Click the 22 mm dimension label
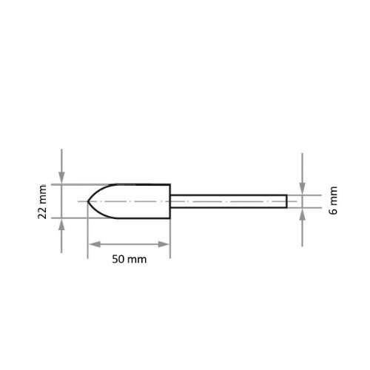[42, 201]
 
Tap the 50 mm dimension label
[129, 259]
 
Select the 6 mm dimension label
[333, 201]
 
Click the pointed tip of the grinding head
[88, 201]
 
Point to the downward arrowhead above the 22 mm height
[61, 178]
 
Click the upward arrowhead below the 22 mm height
[61, 224]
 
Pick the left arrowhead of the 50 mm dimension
[94, 244]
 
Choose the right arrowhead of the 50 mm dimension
[164, 244]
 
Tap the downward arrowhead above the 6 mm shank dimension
[302, 189]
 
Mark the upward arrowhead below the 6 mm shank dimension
[302, 214]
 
